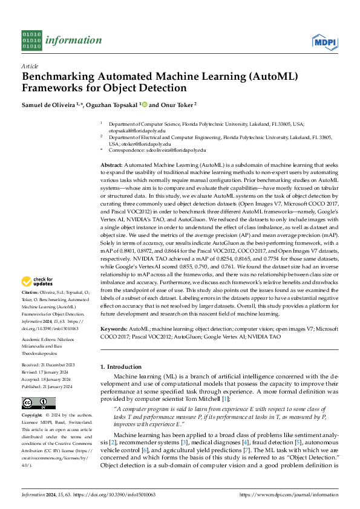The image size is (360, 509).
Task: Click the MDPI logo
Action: [324, 41]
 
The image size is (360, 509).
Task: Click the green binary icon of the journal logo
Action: [31, 41]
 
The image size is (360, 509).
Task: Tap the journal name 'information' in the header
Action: [73, 41]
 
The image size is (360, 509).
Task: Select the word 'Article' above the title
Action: [30, 66]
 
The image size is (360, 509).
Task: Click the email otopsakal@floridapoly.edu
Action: [137, 130]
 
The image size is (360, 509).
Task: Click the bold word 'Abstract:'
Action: [112, 164]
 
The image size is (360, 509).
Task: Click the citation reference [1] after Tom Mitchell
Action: [224, 400]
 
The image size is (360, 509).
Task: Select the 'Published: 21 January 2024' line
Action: [47, 386]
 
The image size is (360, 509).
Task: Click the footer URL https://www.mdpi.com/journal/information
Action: [288, 494]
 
